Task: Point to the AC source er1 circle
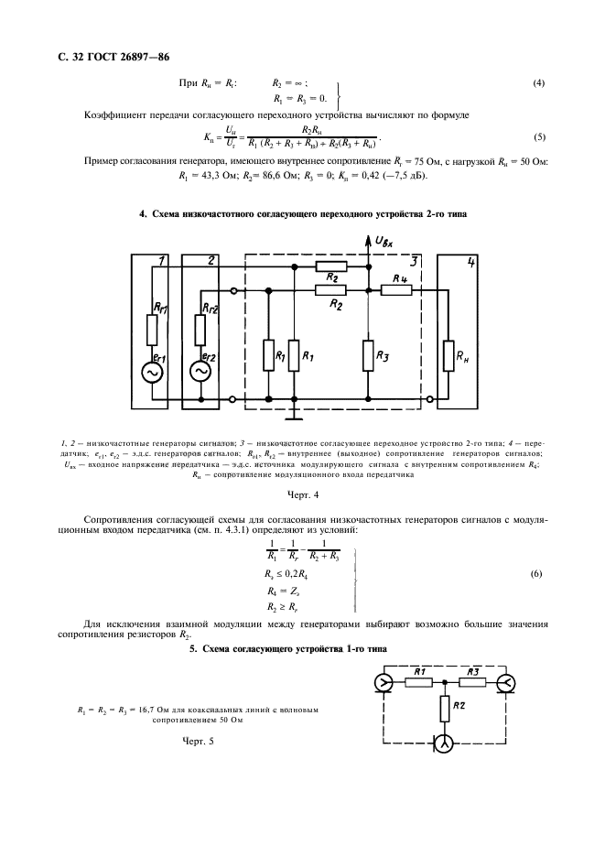149,373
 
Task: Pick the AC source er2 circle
200,373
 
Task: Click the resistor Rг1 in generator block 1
149,324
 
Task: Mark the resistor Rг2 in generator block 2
200,324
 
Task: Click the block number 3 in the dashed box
415,261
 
